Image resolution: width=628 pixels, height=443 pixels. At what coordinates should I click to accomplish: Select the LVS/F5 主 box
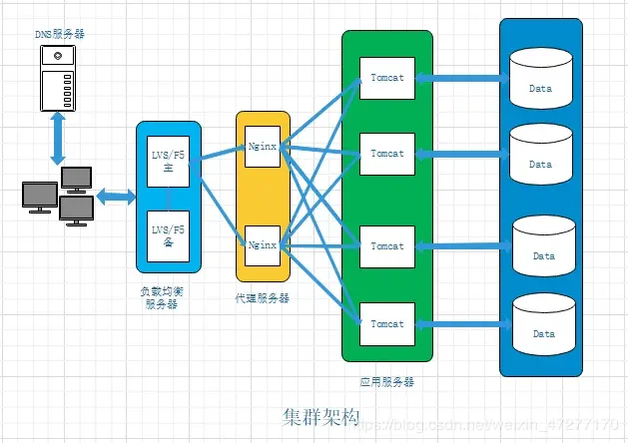[x=168, y=162]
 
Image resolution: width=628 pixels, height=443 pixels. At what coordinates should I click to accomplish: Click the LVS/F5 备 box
[x=168, y=235]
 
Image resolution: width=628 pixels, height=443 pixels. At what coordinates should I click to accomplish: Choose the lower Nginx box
[x=262, y=243]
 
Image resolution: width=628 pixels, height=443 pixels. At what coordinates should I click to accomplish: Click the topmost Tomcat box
[x=386, y=78]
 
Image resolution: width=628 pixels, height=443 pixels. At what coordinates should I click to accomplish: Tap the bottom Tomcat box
[x=386, y=323]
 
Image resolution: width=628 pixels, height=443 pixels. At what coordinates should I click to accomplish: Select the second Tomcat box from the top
[x=386, y=154]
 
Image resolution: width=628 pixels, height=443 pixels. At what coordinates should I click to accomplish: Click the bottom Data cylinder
[x=543, y=323]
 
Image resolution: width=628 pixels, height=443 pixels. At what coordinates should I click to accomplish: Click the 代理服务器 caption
[x=263, y=297]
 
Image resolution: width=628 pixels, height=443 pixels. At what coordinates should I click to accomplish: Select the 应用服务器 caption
[x=386, y=381]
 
